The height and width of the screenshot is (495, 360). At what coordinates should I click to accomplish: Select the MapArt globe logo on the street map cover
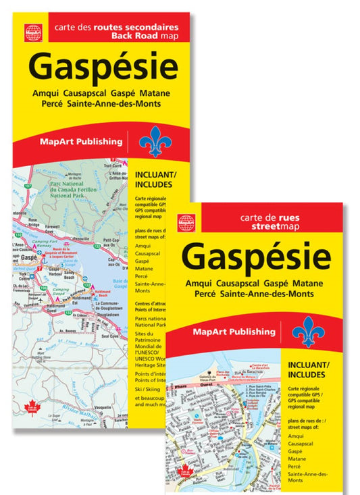point(186,220)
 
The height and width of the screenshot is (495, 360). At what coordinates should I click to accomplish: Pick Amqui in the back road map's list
point(143,245)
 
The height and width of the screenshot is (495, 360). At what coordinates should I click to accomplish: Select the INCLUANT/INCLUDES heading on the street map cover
point(309,369)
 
